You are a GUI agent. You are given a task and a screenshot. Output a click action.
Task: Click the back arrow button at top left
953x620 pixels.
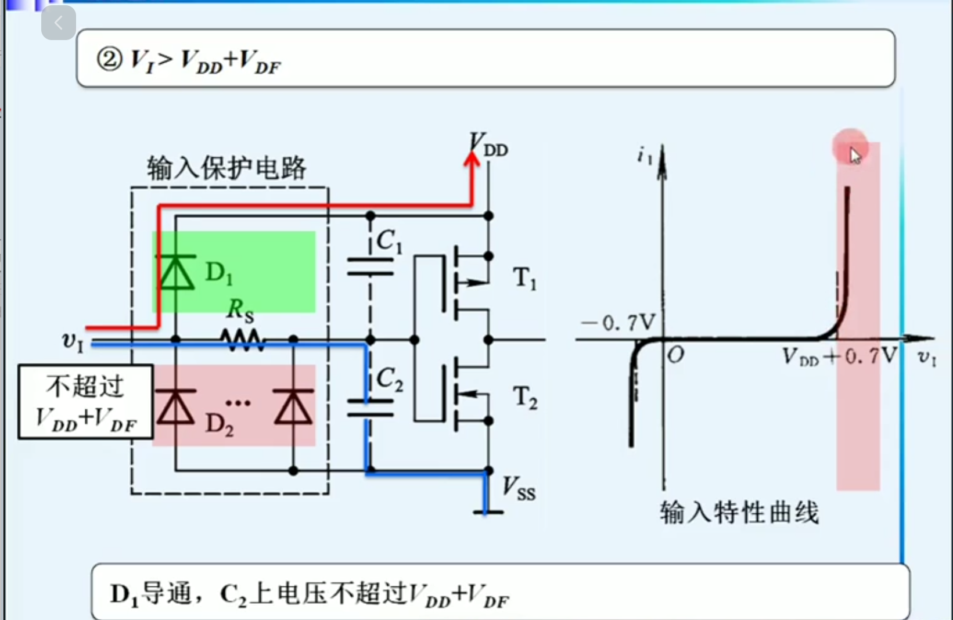coord(58,23)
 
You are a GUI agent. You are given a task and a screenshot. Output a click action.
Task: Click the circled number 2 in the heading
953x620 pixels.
coord(109,59)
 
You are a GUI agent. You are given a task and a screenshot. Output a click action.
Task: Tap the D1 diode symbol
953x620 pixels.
coord(176,273)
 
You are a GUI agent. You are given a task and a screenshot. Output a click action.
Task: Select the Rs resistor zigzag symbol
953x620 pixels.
coord(243,340)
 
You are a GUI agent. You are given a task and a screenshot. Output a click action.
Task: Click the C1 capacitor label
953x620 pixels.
coord(389,241)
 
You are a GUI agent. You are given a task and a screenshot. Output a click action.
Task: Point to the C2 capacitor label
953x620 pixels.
coord(389,380)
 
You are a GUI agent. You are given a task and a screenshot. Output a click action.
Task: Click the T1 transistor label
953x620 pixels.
coord(525,278)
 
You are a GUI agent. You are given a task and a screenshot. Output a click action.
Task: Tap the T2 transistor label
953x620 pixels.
coord(525,398)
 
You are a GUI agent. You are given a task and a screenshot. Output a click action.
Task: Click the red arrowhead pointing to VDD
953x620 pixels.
coord(472,160)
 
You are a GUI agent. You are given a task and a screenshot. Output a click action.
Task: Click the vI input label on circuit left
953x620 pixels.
coord(73,341)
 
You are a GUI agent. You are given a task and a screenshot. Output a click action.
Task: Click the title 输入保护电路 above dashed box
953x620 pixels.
coord(226,168)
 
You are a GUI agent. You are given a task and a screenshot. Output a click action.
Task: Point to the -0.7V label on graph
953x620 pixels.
coord(618,322)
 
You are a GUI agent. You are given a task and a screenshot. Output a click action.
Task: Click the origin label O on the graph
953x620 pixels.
coord(675,355)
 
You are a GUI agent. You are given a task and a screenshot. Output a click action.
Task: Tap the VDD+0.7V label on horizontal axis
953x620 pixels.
coord(839,356)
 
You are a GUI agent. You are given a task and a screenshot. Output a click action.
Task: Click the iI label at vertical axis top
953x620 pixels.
coord(645,156)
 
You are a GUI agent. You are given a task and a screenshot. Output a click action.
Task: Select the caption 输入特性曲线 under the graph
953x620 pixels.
coord(739,513)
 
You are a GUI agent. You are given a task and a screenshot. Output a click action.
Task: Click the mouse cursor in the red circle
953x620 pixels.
coord(854,155)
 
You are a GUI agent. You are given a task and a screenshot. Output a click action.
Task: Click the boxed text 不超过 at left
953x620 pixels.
coord(85,385)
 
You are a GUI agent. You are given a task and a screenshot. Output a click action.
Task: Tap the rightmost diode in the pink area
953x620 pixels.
coord(293,407)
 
